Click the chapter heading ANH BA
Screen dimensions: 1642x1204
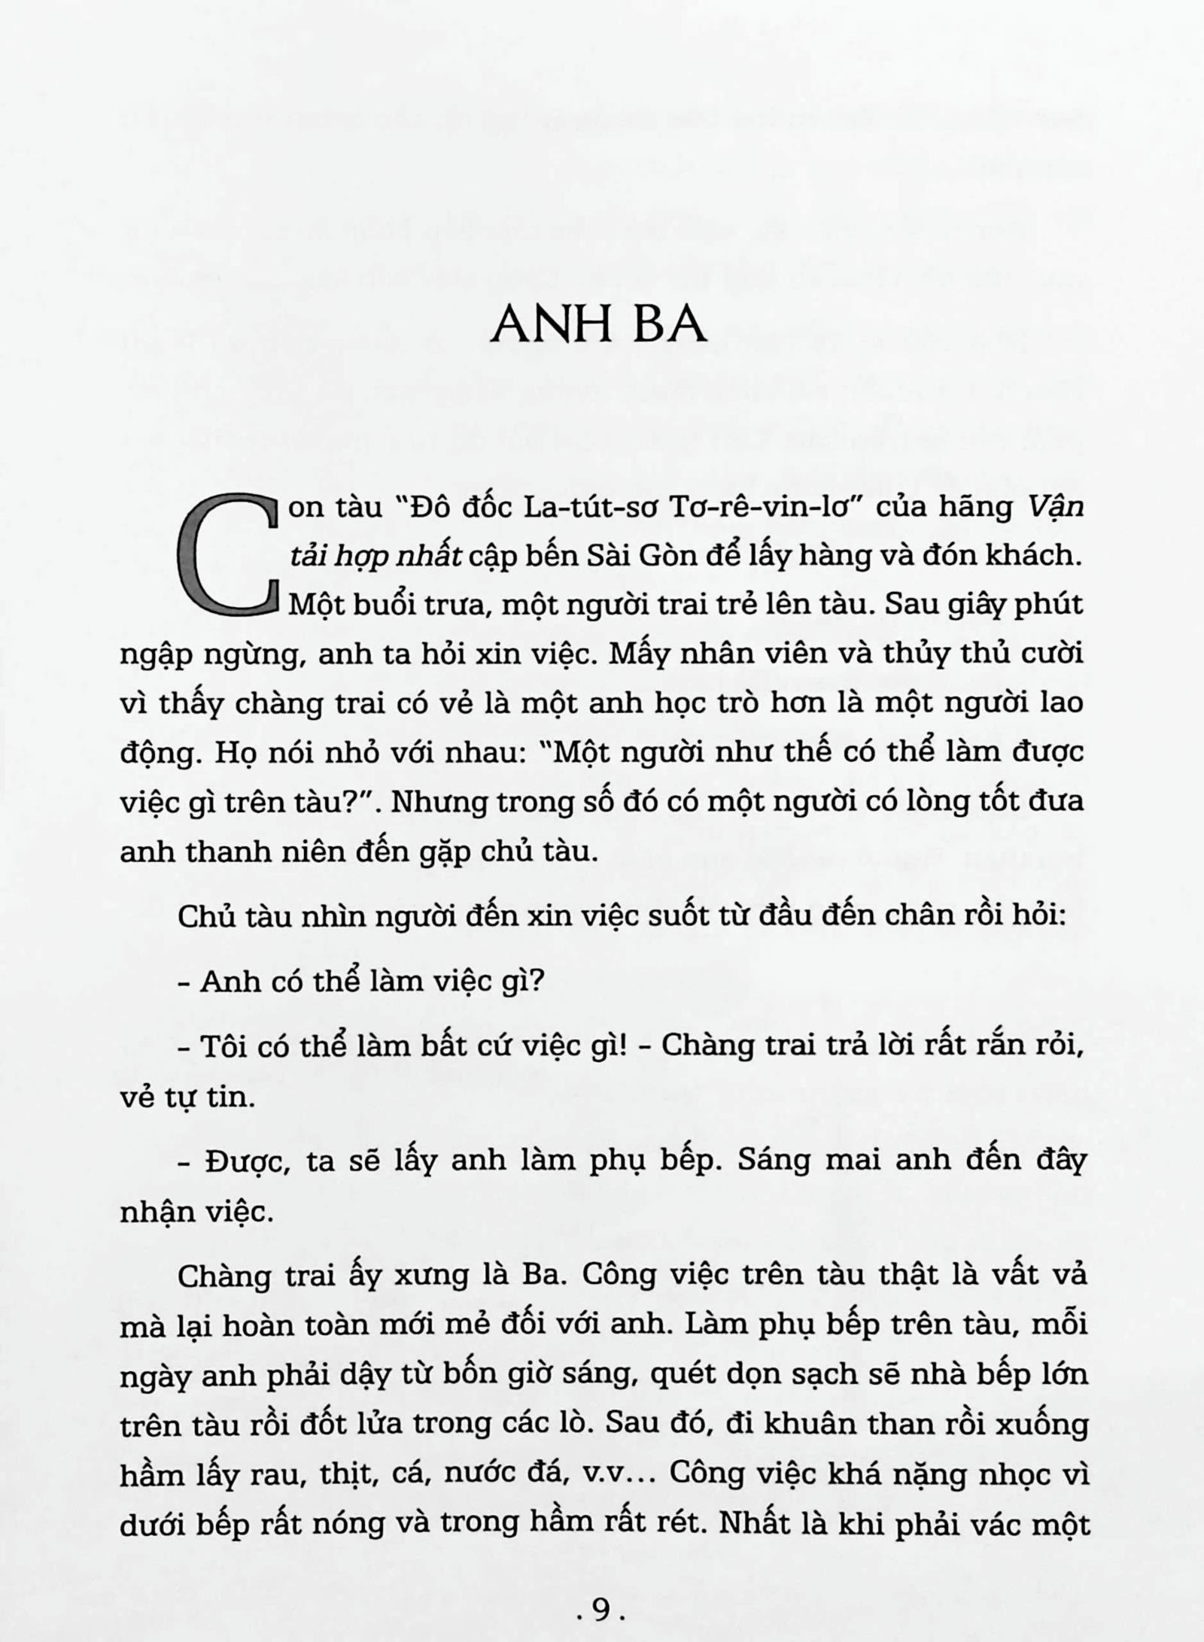598,324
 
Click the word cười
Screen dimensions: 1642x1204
1051,654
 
